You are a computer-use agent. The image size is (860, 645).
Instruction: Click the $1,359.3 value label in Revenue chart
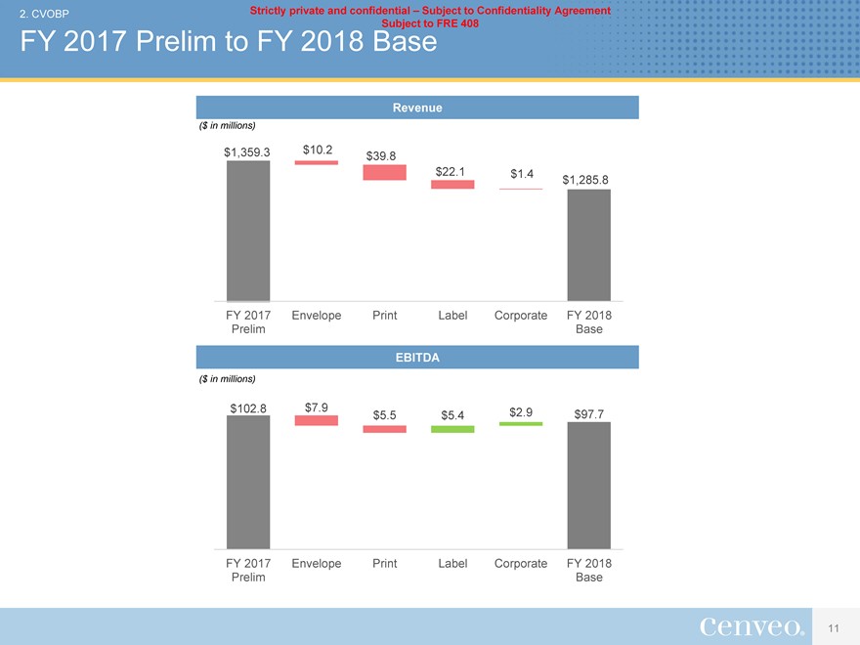[x=246, y=151]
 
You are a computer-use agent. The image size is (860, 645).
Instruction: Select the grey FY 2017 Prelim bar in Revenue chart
[x=248, y=231]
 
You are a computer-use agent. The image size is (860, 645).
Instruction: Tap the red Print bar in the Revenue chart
[x=384, y=172]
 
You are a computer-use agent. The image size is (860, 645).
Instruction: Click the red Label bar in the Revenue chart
[x=452, y=184]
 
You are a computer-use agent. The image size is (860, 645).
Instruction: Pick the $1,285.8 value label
[x=586, y=180]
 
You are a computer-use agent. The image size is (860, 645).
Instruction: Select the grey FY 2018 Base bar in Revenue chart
[x=589, y=245]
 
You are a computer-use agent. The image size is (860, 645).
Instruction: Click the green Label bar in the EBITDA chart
[x=452, y=429]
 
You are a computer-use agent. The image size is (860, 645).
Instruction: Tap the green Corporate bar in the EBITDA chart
[x=521, y=423]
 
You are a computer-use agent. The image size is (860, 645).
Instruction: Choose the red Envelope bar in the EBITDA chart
[x=317, y=420]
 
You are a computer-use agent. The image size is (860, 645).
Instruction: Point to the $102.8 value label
[x=248, y=408]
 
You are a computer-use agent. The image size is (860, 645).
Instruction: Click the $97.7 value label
[x=589, y=414]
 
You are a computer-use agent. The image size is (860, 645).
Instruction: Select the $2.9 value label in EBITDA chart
[x=521, y=411]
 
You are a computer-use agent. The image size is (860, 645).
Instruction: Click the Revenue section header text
[x=417, y=108]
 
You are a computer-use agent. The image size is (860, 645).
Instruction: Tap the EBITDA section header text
[x=417, y=358]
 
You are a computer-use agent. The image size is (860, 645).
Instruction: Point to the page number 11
[x=834, y=626]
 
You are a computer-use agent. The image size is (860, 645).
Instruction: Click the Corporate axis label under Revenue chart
[x=521, y=316]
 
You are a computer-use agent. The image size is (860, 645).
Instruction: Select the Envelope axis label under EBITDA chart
[x=317, y=563]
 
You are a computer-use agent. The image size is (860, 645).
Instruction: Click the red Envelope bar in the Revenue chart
[x=317, y=162]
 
